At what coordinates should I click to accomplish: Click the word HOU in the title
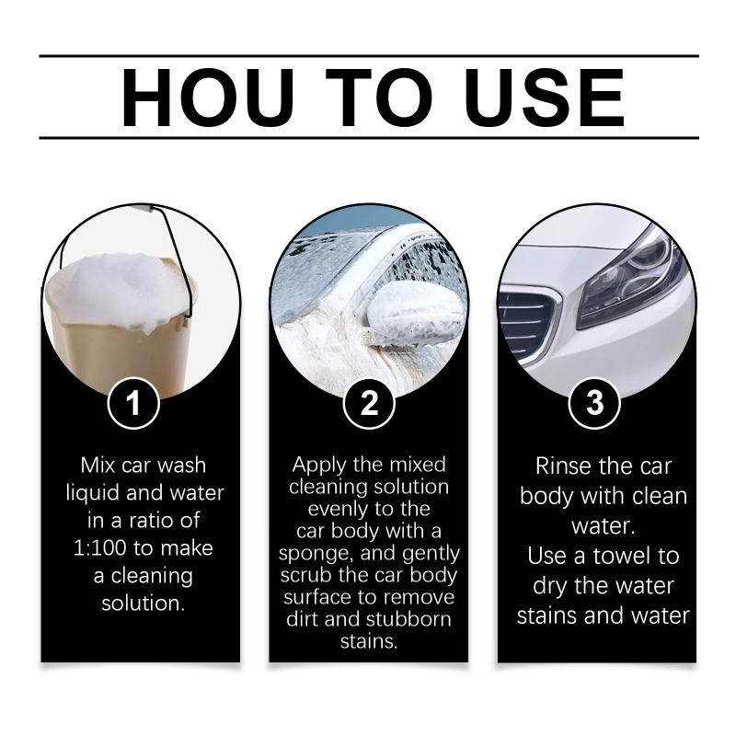coord(208,98)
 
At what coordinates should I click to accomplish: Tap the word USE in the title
coord(545,98)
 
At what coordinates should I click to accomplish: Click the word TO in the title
coord(379,98)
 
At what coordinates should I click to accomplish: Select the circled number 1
coord(133,403)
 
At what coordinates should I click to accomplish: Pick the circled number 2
coord(369,403)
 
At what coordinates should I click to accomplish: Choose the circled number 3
coord(594,403)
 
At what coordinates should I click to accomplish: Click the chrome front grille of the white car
coord(528,324)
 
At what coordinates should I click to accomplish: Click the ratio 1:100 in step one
coord(100,547)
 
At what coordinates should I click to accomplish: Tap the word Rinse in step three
coord(564,466)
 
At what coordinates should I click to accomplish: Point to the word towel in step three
coord(620,557)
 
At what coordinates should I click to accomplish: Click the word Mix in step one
coord(98,466)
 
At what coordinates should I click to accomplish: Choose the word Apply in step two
coord(319,466)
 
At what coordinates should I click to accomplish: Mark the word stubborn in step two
coord(408,619)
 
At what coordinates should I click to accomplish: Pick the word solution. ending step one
coord(144,604)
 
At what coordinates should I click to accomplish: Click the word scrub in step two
coord(306,576)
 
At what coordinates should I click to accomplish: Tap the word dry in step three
coord(550,587)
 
